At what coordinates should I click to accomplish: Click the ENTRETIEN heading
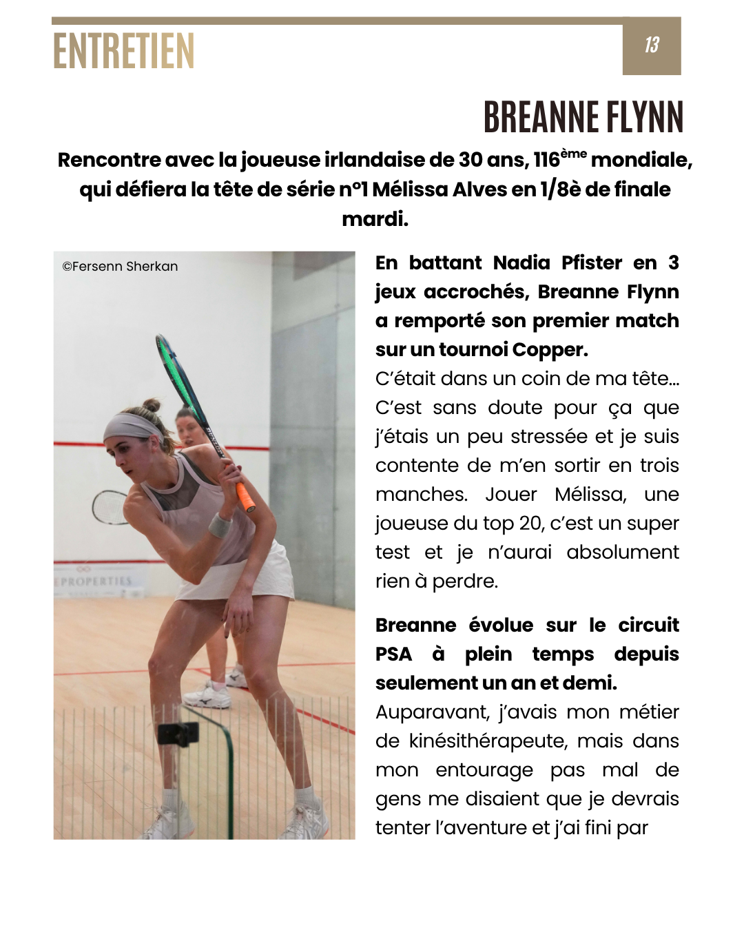[124, 51]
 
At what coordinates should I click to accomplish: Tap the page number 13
[652, 45]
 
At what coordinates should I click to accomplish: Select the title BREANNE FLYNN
[583, 117]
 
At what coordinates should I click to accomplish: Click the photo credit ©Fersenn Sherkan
[120, 267]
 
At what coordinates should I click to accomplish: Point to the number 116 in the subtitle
[546, 160]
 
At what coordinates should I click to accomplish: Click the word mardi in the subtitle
[374, 219]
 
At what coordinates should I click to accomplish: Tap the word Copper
[550, 350]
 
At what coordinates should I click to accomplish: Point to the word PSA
[394, 654]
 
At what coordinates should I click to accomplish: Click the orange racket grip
[245, 497]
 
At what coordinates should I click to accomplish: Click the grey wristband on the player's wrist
[220, 525]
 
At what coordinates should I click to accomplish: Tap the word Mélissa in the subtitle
[410, 189]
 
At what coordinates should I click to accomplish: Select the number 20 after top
[530, 524]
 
